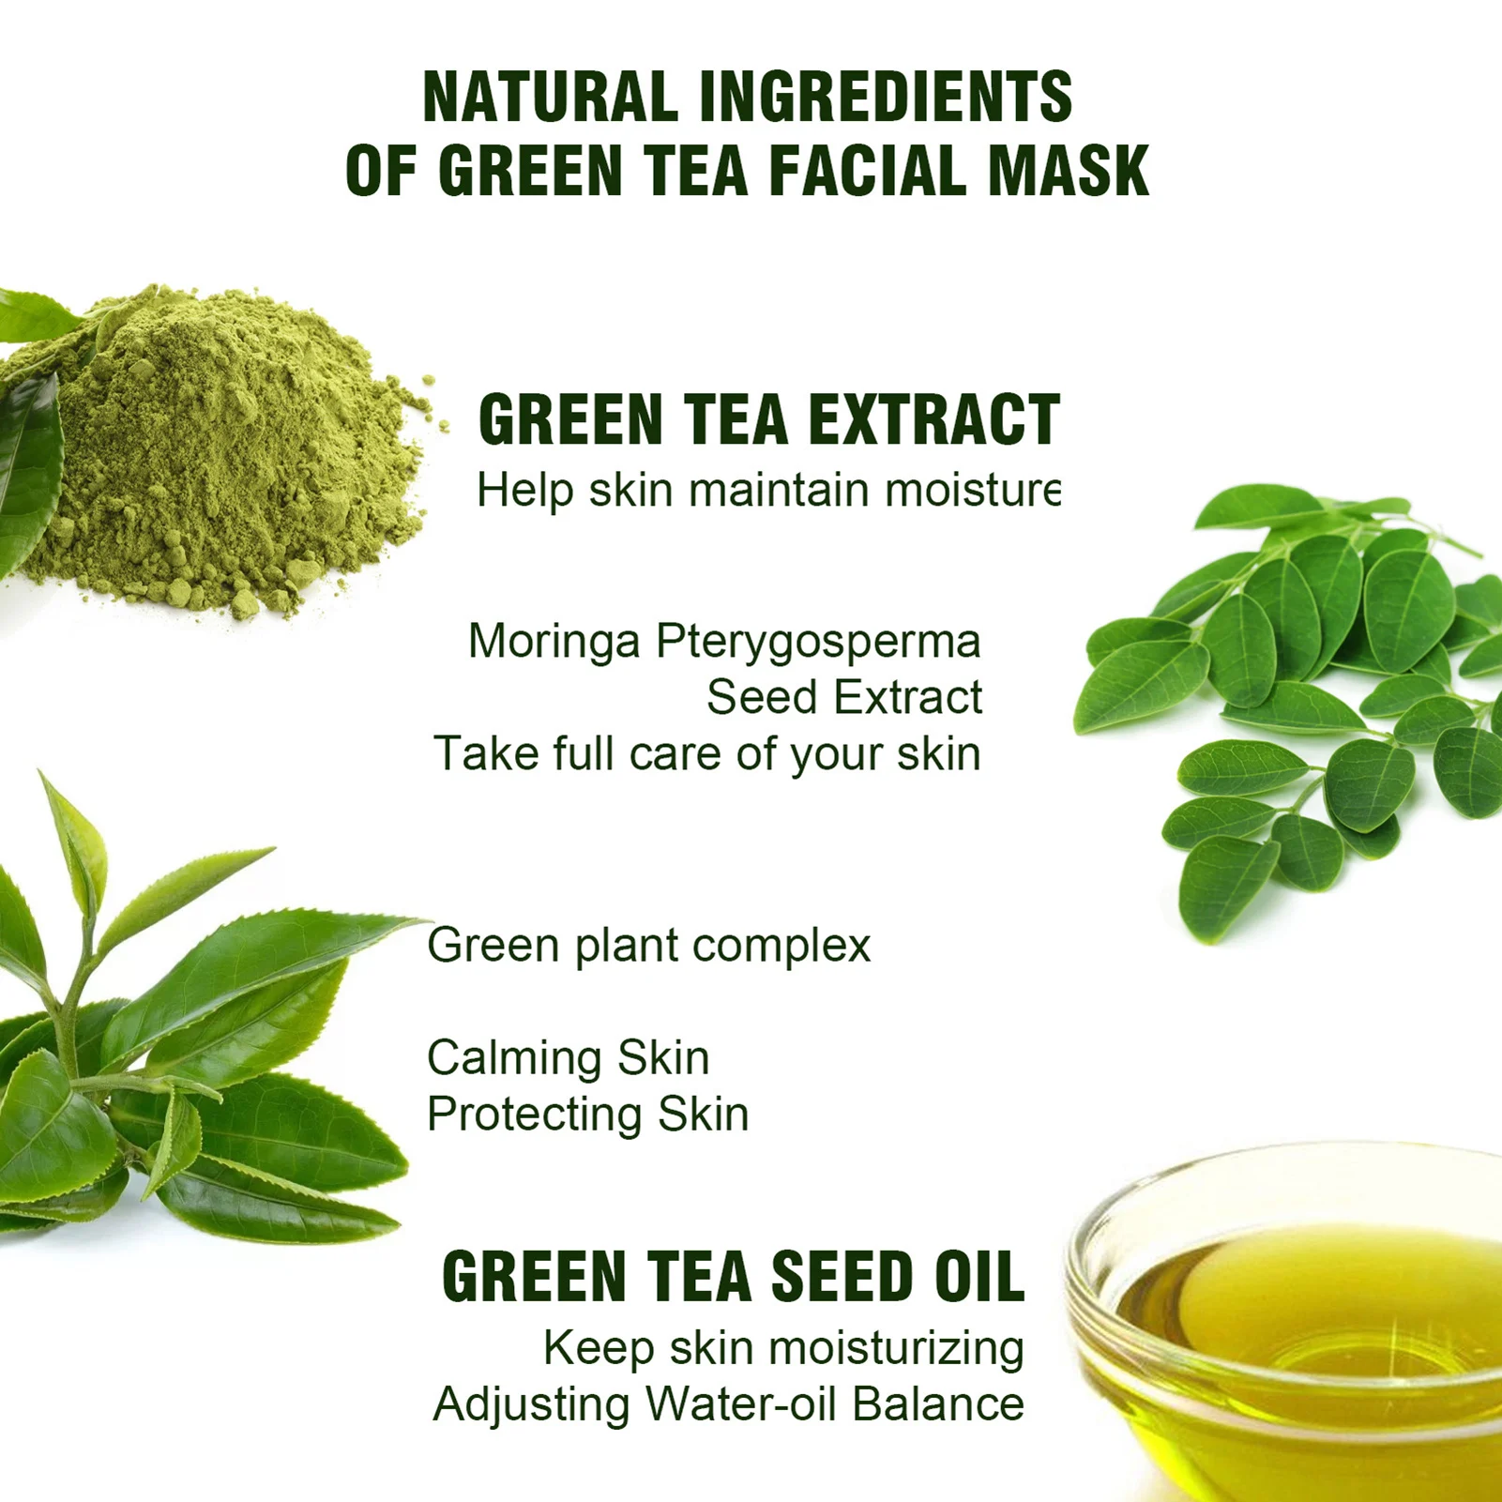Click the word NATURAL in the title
pos(550,97)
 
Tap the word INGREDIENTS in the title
pos(886,97)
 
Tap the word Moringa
pos(554,642)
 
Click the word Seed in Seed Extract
pos(763,697)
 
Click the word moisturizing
pos(896,1350)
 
